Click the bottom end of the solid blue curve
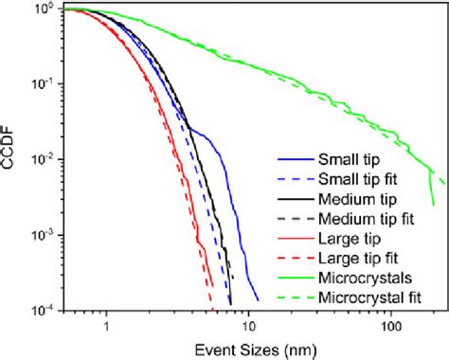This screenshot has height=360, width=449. coord(258,300)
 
